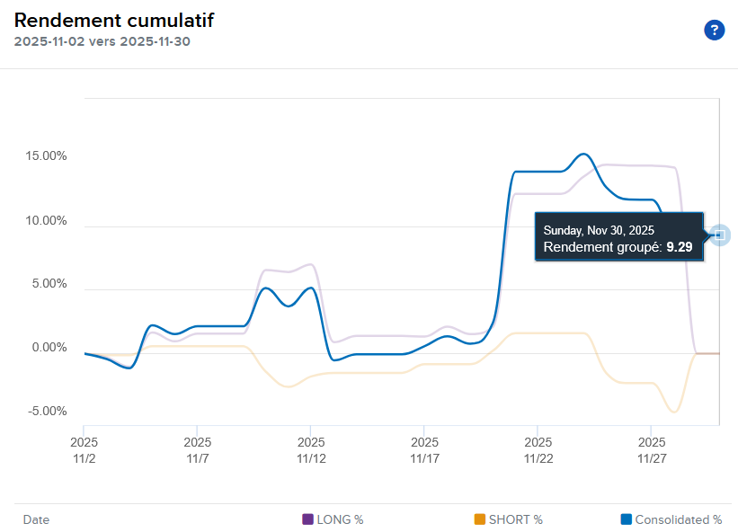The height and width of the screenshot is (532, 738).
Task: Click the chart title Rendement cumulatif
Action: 114,20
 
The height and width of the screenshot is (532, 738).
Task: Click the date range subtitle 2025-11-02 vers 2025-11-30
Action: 102,41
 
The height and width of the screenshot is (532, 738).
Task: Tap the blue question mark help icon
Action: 714,31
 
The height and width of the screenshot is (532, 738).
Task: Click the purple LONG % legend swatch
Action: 308,519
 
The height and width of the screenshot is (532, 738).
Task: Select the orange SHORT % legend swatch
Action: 479,519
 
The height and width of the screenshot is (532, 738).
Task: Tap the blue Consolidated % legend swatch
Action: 626,519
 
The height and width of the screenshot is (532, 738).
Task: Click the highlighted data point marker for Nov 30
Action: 719,235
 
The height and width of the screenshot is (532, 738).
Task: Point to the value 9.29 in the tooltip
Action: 679,246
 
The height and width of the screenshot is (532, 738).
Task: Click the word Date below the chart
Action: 36,519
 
